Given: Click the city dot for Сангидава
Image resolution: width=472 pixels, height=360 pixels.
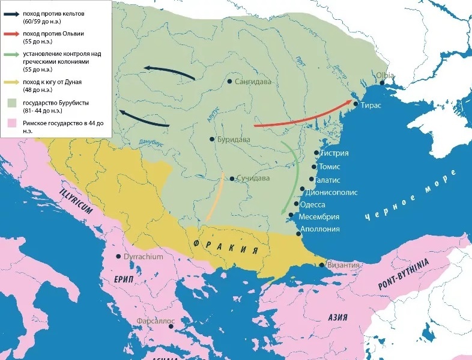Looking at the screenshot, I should (230, 81).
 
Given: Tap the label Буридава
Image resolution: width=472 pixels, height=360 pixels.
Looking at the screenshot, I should (234, 139).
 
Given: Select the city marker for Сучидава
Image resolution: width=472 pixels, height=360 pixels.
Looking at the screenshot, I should (232, 178).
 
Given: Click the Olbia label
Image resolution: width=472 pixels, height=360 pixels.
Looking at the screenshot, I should (385, 75).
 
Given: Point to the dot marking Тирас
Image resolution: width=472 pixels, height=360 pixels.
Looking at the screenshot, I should (356, 105).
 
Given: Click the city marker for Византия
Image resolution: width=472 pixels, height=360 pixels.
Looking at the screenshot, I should (322, 264).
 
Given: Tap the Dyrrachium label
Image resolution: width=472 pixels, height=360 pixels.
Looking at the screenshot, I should (144, 257).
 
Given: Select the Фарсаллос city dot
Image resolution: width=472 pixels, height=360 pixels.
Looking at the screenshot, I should (171, 327).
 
